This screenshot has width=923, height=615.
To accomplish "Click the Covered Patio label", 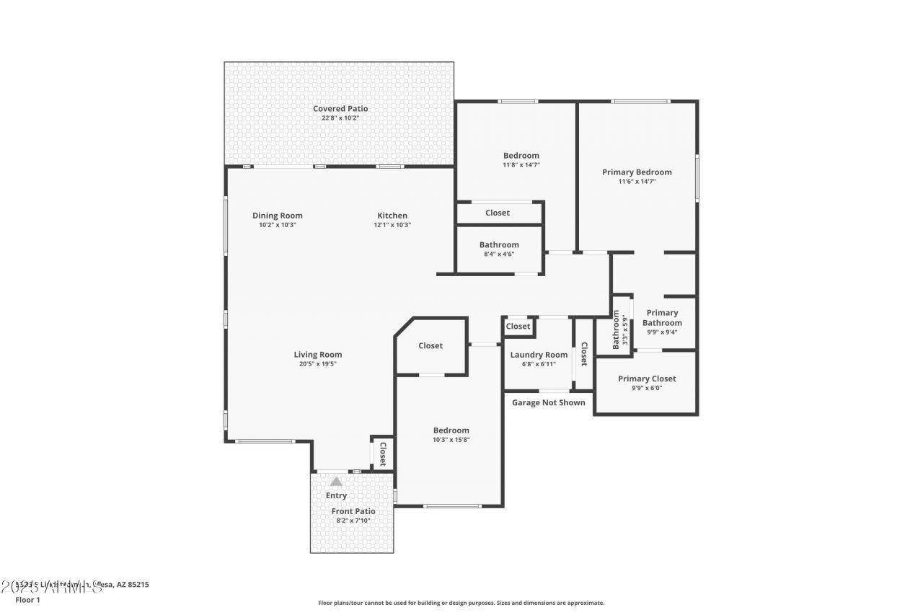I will tap(340, 109).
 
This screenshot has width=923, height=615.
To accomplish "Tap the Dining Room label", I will tap(277, 216).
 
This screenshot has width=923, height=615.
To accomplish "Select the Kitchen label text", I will tap(392, 216).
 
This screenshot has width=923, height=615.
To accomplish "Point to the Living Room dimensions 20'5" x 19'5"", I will tap(317, 364).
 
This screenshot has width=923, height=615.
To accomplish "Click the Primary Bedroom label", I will tap(637, 172).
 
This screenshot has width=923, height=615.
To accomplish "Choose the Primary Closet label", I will tap(647, 379).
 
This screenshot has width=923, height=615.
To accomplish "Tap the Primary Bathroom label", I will tap(662, 318).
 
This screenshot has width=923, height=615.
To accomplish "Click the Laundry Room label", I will tap(539, 355).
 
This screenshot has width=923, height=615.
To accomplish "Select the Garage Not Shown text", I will tap(548, 403).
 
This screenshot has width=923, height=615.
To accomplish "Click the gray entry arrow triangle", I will tap(336, 482).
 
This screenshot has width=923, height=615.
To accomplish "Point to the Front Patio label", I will tap(353, 511).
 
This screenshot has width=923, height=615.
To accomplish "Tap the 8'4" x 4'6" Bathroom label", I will tap(499, 245).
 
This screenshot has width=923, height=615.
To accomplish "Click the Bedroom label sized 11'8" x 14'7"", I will tap(521, 156).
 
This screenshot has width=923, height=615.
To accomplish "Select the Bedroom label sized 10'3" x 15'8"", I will tap(451, 430).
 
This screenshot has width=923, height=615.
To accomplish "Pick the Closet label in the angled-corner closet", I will tap(430, 346).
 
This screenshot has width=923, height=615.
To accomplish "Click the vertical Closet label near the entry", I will tap(383, 454).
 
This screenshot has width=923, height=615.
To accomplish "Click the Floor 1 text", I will tap(28, 599).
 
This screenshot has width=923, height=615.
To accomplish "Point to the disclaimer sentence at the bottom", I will tap(461, 603).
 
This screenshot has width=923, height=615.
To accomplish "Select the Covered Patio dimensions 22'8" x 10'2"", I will tap(340, 118).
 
